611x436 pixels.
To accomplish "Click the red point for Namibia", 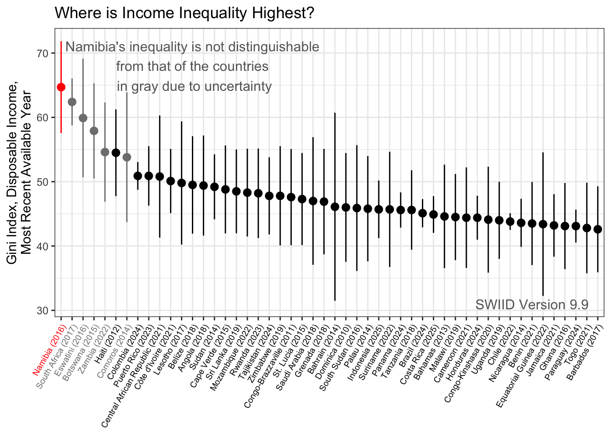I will (61, 87).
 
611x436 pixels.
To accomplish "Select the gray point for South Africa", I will (72, 102).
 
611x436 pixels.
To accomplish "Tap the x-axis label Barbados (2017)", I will (583, 341).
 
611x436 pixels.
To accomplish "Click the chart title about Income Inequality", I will (184, 13).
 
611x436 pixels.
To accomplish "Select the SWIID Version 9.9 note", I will (532, 304).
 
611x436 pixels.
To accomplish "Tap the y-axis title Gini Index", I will (18, 173).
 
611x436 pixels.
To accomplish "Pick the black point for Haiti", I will (116, 153).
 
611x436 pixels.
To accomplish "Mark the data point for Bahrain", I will (335, 207).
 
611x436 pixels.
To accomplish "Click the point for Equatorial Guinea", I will (543, 224).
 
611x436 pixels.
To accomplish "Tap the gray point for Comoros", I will (127, 157).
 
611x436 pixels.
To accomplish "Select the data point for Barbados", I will (598, 229).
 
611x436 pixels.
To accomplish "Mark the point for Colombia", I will (138, 176).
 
